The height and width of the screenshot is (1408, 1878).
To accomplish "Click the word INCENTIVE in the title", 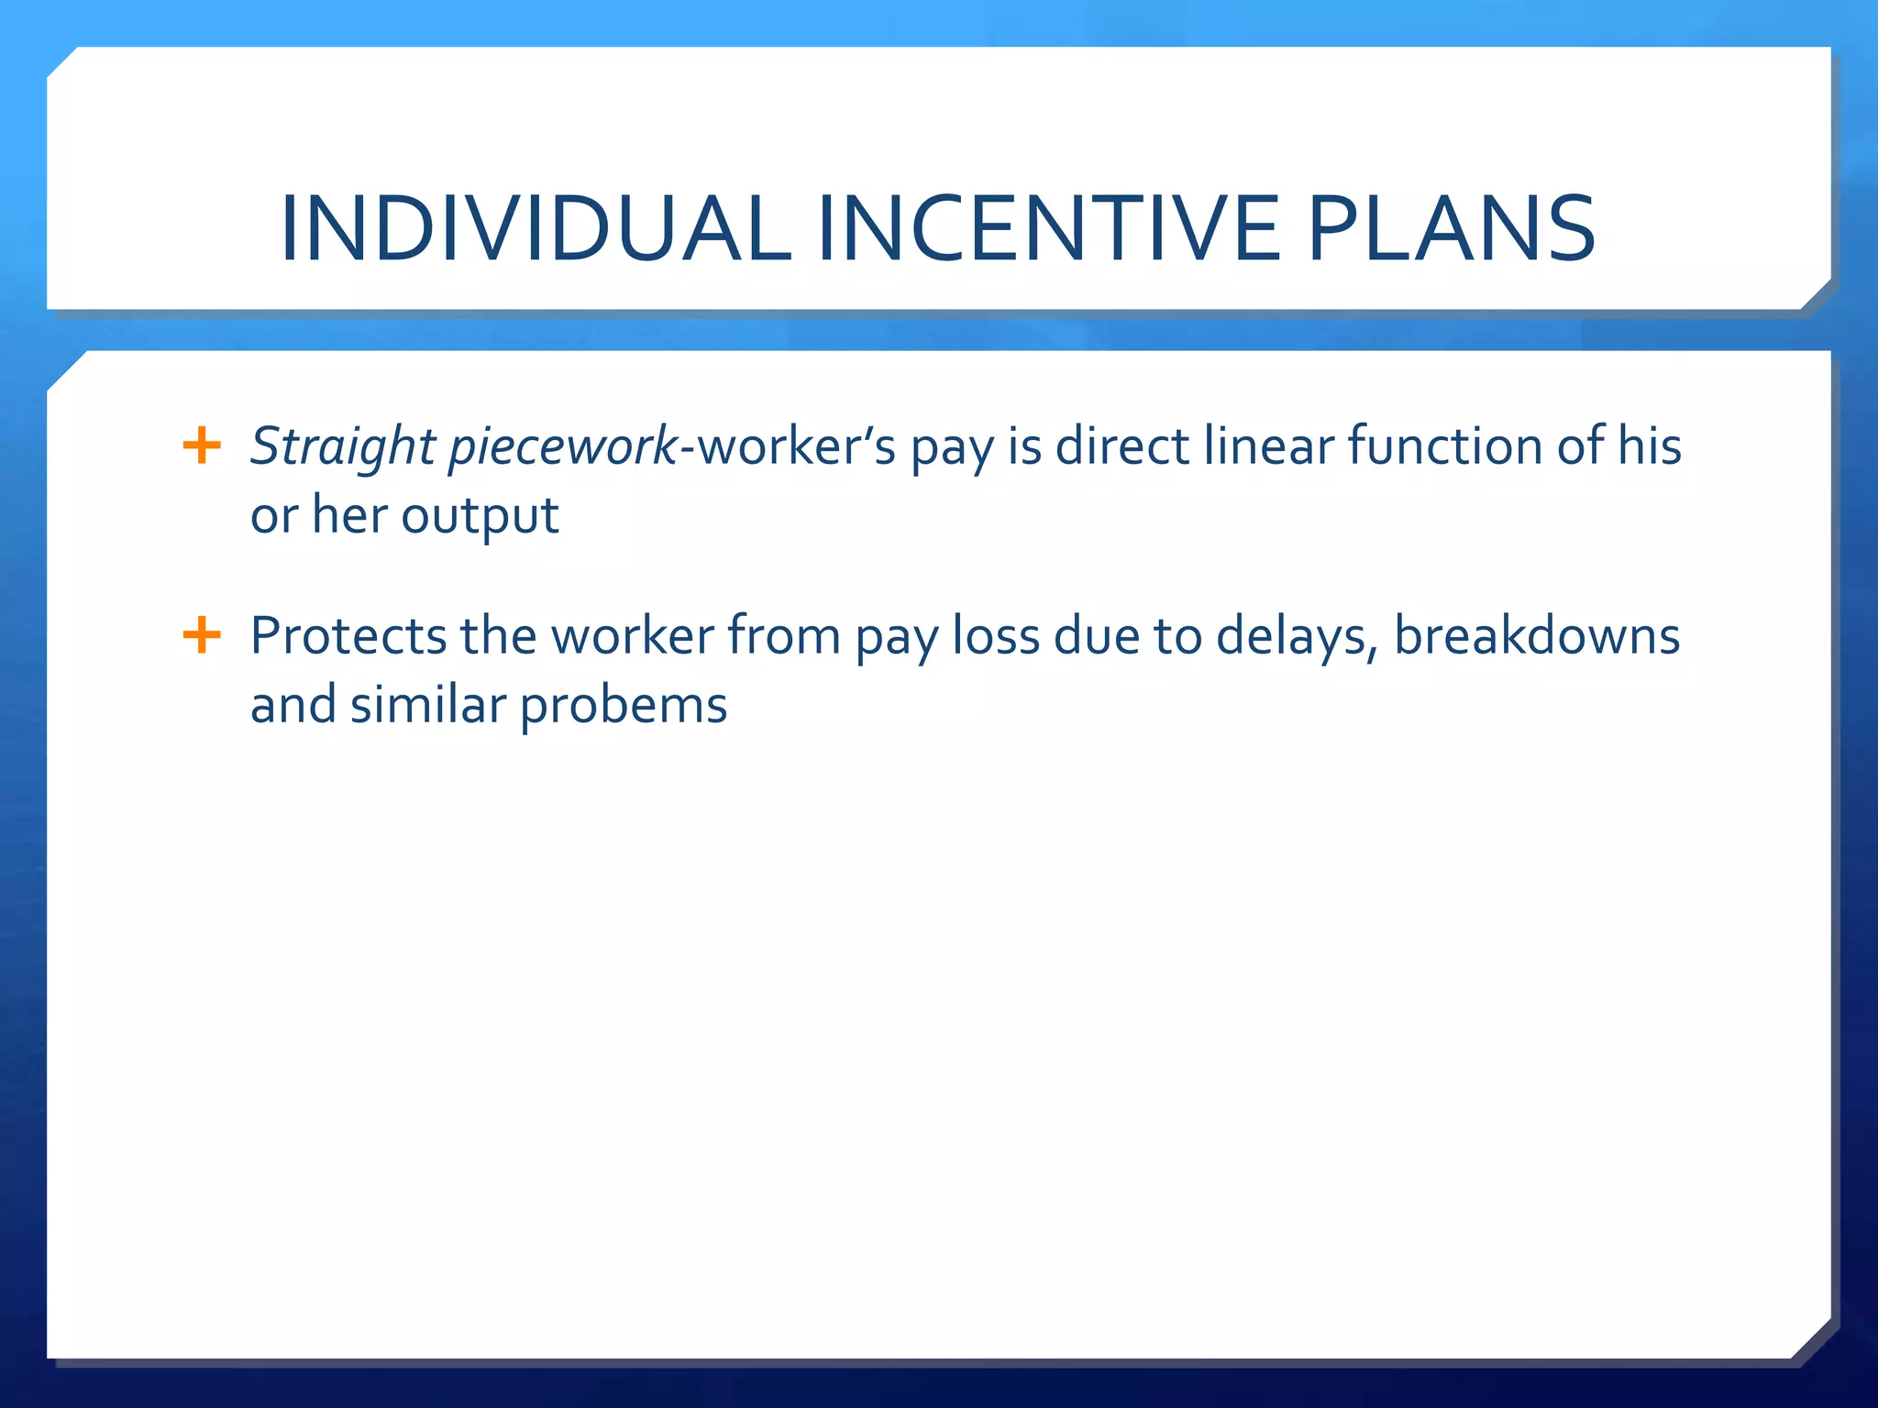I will tap(1048, 229).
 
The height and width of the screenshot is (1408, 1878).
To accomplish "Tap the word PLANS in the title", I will tap(1451, 229).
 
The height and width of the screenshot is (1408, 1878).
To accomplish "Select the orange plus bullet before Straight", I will tap(202, 446).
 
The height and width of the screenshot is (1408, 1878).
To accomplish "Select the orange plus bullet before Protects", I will tap(202, 635).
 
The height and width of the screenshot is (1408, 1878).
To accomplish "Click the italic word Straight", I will tap(342, 448).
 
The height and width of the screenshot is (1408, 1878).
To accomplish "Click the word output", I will tap(480, 516).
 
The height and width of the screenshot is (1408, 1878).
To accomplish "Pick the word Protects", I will tap(348, 636).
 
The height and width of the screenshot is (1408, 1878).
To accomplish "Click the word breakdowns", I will tap(1537, 636).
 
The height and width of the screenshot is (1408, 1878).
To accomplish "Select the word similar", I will tap(427, 705).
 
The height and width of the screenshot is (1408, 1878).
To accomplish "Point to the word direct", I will tap(1121, 446).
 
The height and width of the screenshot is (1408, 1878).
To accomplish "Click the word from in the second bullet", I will tap(784, 636).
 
